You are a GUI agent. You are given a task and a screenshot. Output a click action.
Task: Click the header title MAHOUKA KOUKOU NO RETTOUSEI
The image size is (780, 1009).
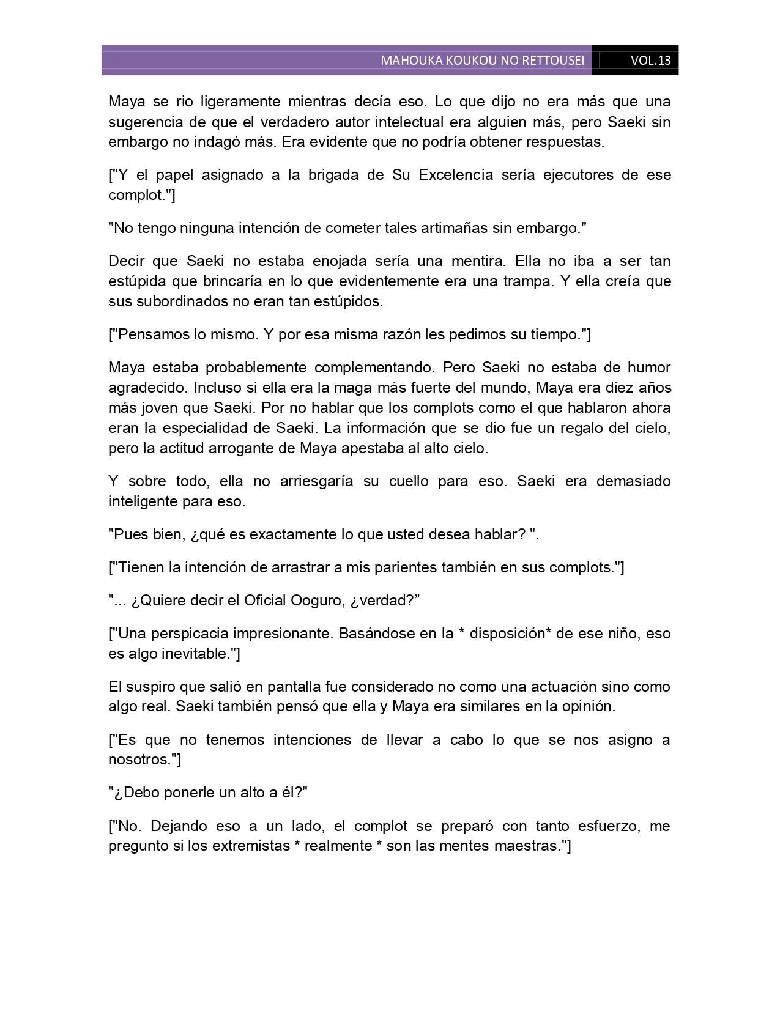(482, 61)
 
